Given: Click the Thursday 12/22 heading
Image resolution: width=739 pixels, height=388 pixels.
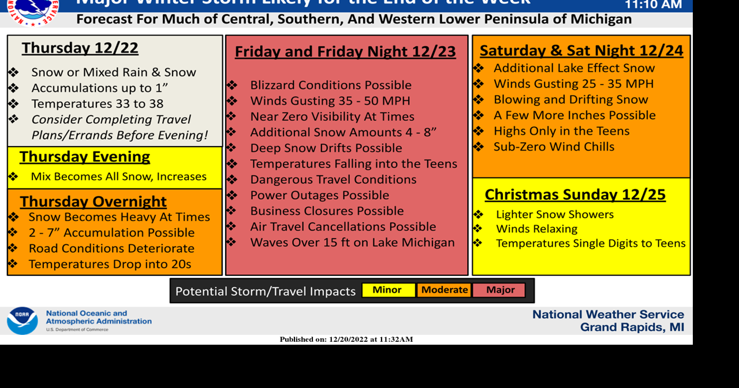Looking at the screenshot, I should [x=80, y=48].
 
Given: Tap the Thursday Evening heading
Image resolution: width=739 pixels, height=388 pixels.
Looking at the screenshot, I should [x=85, y=157].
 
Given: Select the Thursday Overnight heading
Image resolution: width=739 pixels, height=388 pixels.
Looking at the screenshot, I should [x=93, y=202].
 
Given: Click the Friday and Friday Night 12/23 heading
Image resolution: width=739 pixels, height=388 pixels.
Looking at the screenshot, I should [x=345, y=52].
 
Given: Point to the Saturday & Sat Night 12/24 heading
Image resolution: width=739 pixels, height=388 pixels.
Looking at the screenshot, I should [x=581, y=51].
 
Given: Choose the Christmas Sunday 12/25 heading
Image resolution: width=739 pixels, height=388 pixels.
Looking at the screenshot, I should [x=575, y=195].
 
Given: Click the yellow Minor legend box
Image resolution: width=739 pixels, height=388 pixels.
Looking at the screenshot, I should [x=387, y=290].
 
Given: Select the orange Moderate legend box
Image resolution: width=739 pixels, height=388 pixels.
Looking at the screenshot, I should [x=445, y=290].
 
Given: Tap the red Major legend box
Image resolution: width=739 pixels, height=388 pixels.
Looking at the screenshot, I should [x=500, y=290].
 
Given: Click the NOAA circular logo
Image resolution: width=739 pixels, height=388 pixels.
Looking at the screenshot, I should [x=23, y=320].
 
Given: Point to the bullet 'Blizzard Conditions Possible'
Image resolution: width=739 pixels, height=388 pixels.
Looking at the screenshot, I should [x=331, y=85].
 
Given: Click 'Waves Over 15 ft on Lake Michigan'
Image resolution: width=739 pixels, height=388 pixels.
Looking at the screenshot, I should [x=352, y=242].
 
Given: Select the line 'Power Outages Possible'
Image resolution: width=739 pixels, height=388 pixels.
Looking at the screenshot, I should [x=319, y=195].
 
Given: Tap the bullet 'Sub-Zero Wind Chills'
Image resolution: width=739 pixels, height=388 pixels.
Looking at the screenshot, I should [x=554, y=147].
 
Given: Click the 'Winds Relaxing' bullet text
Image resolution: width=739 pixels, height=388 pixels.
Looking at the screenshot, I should [x=536, y=229].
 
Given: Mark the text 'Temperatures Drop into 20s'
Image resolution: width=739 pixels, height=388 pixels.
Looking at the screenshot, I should [x=110, y=264].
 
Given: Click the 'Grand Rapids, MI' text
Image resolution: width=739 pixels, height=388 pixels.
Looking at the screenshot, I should [x=632, y=327].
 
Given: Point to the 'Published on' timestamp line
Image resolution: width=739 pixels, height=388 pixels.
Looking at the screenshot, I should [x=346, y=339].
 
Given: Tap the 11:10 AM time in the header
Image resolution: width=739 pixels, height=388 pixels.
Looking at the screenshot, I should [x=653, y=5].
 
